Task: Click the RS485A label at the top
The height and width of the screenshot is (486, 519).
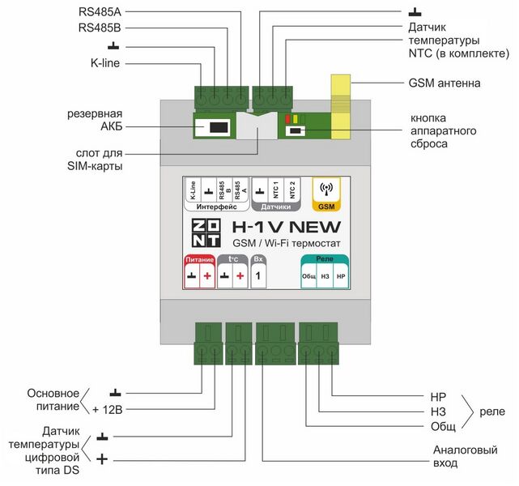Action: [x=99, y=11]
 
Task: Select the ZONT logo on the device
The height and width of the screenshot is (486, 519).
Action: [x=204, y=234]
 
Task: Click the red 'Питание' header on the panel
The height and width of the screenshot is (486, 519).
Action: [x=199, y=259]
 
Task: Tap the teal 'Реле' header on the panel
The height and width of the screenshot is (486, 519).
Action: [x=325, y=259]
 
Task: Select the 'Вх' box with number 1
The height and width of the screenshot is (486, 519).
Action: [x=258, y=271]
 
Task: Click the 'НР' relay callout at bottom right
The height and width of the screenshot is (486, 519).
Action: [x=439, y=397]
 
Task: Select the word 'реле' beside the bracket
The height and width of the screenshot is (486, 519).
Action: [x=491, y=411]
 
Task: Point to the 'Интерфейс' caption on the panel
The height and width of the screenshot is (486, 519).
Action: [x=215, y=207]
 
